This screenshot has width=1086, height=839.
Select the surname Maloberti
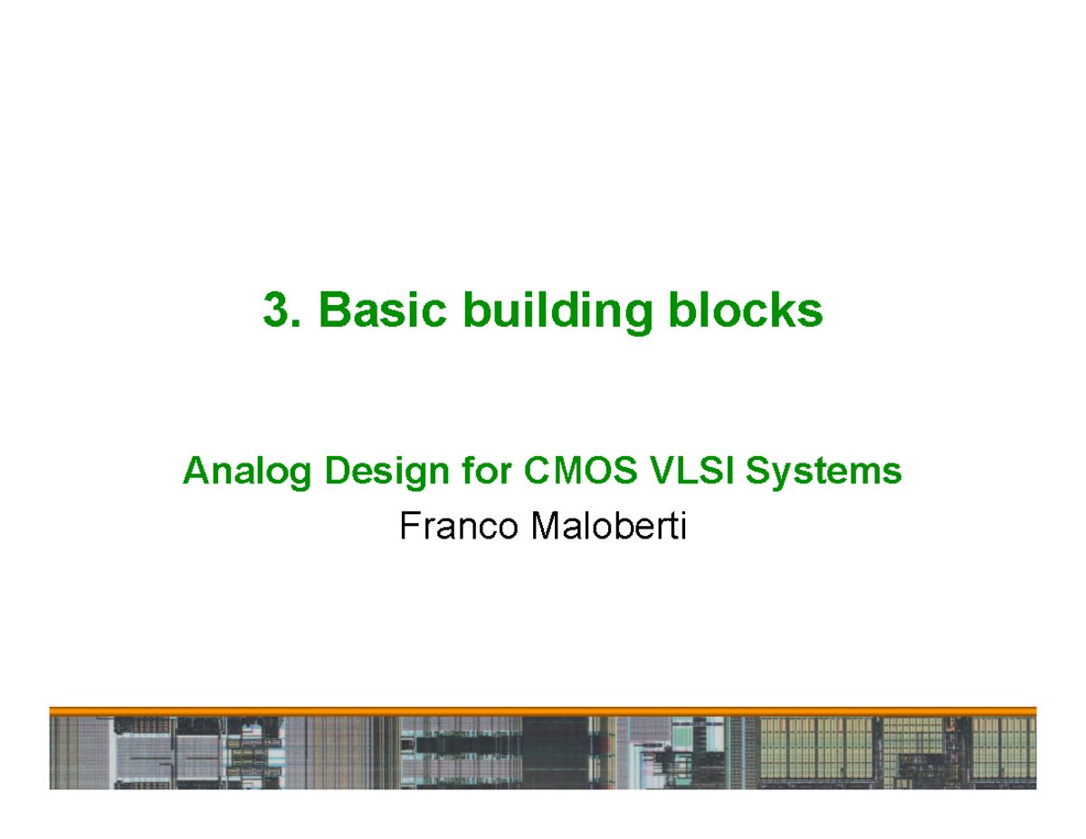(609, 526)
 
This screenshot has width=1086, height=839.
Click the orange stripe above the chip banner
(543, 711)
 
